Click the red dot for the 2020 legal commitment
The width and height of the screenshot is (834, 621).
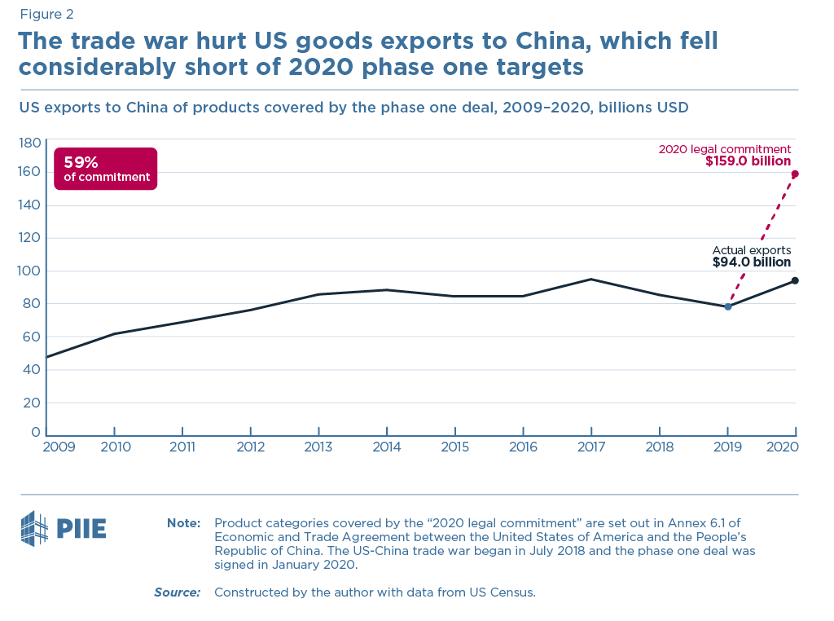point(795,174)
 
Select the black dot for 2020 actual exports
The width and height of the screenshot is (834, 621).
point(795,280)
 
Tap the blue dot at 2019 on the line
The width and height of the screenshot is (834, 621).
point(727,306)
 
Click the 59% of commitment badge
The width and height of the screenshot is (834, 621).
point(105,169)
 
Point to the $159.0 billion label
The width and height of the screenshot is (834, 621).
point(748,162)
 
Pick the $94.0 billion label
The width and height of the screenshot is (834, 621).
point(751,262)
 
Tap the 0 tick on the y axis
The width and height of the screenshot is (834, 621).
point(35,432)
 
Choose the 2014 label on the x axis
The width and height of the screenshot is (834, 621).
point(387,447)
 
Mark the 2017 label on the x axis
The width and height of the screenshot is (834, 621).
point(591,447)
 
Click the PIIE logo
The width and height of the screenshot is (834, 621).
point(63,529)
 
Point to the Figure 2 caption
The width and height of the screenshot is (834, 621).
point(46,14)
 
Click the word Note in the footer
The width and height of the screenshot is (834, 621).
point(183,523)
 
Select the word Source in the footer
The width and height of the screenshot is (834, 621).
point(177,592)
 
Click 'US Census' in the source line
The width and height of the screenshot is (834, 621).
point(504,592)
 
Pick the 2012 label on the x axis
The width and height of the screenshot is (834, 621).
point(251,447)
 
